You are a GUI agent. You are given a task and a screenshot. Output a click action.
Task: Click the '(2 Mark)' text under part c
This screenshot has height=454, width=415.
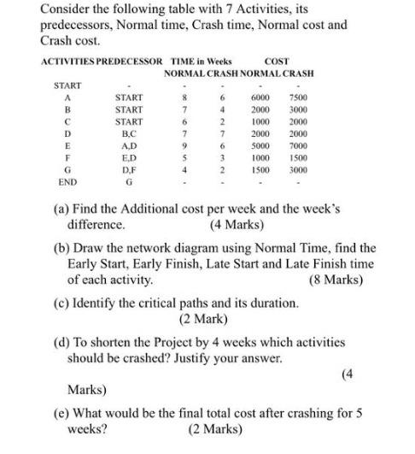[203, 320]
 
